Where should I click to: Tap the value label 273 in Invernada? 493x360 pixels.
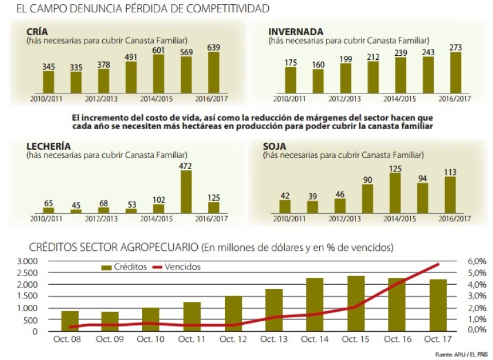point(455,46)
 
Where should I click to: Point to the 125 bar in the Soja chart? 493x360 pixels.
point(395,193)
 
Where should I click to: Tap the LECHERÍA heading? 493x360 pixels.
point(49,146)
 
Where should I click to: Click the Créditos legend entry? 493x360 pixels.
point(125,267)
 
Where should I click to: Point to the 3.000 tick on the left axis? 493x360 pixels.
point(28,261)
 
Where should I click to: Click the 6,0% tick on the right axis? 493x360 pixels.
point(477,261)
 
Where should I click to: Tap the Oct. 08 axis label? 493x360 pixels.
point(69,339)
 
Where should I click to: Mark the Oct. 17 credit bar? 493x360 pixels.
point(437,305)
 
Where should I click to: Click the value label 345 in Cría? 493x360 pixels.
point(49,66)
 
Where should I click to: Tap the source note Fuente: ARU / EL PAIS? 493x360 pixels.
point(461,354)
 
